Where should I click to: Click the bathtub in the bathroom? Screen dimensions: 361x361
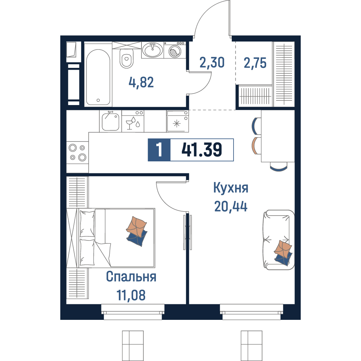pos(98,77)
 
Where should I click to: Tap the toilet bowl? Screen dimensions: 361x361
pos(126,58)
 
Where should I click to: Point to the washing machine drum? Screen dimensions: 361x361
pos(175,51)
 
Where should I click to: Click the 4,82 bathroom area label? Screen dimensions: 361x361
pos(141,82)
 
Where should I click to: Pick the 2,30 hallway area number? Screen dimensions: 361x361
pos(212,62)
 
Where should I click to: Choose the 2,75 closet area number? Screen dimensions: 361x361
pos(255,63)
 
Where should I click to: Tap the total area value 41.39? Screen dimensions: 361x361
pos(202,150)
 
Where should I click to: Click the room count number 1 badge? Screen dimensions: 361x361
pos(159,150)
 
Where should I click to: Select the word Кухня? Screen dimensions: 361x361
pos(231,188)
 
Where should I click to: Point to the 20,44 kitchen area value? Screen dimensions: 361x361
pos(231,206)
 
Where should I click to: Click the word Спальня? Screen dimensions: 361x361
pos(131,277)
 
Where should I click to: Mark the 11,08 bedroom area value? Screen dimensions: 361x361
pos(131,295)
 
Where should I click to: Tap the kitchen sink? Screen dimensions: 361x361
pos(110,121)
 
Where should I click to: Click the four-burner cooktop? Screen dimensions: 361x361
pos(77,152)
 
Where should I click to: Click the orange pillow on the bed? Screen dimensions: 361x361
pos(136,226)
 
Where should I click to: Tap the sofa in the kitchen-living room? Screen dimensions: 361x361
pos(279,240)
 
